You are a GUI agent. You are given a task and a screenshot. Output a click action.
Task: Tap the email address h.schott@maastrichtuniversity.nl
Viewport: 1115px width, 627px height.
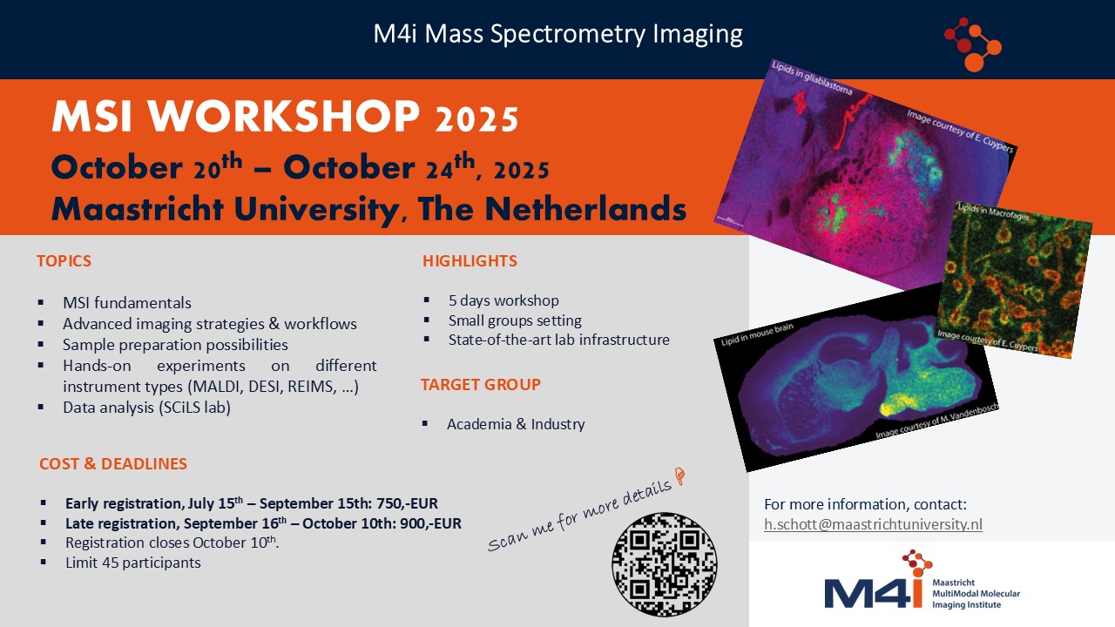[873, 524]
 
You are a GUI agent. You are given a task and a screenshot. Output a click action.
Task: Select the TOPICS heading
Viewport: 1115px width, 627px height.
[64, 260]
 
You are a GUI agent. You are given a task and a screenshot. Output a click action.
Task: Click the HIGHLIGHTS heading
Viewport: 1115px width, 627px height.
[470, 260]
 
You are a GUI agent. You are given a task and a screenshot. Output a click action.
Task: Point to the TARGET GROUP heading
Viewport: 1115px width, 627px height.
[481, 384]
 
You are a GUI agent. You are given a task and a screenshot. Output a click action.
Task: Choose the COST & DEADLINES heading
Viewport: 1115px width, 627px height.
[113, 464]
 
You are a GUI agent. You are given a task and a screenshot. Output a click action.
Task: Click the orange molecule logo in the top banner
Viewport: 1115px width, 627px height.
[973, 43]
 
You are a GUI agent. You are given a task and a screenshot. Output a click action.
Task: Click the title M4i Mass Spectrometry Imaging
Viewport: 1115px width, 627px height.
[557, 34]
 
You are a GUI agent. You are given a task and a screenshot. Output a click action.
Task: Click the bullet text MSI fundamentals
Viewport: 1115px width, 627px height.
[127, 303]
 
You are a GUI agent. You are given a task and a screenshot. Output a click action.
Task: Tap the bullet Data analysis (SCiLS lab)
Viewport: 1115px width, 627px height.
[146, 407]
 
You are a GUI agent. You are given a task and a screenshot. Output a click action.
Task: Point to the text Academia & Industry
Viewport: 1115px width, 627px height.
[516, 424]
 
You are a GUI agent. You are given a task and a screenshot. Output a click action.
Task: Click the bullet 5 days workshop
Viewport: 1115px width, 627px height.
[503, 300]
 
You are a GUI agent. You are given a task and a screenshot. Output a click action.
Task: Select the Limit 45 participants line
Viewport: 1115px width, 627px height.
[132, 562]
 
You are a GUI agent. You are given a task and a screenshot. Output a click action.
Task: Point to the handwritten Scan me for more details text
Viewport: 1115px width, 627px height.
[585, 513]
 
